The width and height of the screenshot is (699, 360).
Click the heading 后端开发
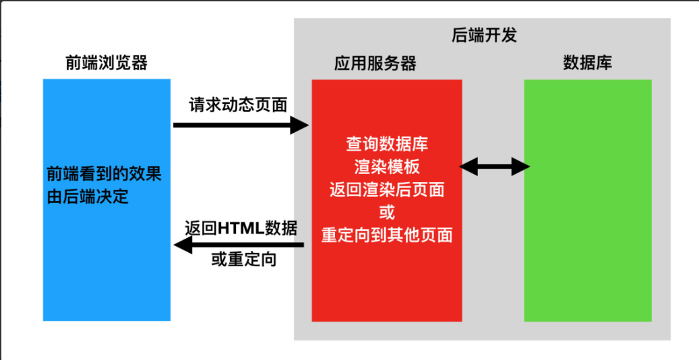coord(483,35)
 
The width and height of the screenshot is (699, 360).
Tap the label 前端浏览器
coord(107,63)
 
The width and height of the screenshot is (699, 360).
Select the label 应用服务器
coord(375,63)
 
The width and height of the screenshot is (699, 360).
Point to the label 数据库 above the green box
coord(587,63)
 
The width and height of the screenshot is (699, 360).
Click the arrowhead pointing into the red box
coord(299,125)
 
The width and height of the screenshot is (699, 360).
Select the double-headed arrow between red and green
coord(495,166)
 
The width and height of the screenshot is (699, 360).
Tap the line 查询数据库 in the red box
coord(387,144)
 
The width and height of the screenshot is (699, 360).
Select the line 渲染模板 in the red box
coord(387,167)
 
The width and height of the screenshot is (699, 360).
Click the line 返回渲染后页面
coord(387,189)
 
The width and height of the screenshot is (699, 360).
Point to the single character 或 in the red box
coord(387,212)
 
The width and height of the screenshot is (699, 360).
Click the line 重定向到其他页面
coord(387,235)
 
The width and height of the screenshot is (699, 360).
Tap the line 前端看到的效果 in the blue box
coord(104,174)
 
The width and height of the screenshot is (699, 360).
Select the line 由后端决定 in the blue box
coord(88,197)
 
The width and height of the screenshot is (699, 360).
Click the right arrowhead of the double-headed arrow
coord(521,166)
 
